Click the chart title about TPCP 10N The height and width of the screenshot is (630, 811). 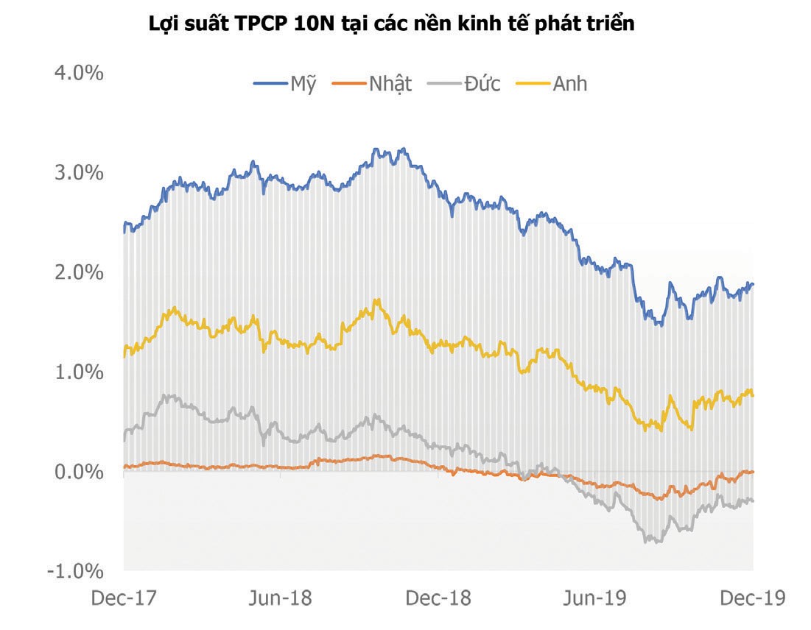click(x=391, y=24)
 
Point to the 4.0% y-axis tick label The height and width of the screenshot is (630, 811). click(x=77, y=73)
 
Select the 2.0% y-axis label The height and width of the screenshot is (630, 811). click(x=77, y=272)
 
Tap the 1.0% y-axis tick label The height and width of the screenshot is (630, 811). click(x=77, y=372)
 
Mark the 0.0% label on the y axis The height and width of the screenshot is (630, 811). click(x=77, y=471)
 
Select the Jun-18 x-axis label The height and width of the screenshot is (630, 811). click(x=280, y=598)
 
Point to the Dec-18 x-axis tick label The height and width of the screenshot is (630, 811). click(x=438, y=598)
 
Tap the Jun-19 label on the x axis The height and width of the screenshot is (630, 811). click(x=595, y=598)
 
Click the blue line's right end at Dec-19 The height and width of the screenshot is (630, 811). click(x=753, y=284)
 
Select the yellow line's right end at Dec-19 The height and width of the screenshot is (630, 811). click(x=753, y=395)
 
